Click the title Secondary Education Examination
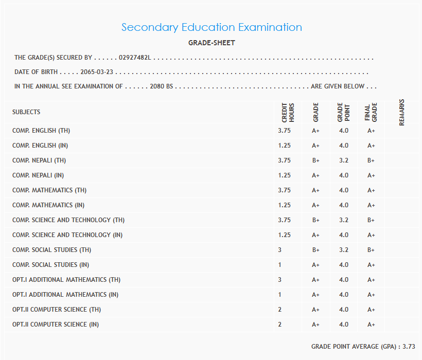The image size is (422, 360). coord(212,27)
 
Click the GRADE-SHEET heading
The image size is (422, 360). coord(212,43)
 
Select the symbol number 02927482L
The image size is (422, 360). coord(135,58)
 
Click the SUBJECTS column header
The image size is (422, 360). coord(26,112)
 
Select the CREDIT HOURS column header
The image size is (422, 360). coord(288,112)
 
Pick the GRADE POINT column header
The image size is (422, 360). coord(343,112)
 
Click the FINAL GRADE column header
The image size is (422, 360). coord(371,112)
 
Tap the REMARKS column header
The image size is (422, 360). coord(401,112)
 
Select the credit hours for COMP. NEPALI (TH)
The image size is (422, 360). coord(284,160)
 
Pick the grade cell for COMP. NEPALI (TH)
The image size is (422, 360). coord(315,160)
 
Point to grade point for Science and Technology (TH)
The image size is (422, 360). coord(343,220)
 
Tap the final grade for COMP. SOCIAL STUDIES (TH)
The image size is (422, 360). coord(371,250)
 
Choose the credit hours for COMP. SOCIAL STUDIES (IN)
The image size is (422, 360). coord(280,265)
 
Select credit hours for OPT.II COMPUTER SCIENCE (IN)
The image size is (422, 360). coord(280,325)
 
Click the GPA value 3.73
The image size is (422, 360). coord(409,347)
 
